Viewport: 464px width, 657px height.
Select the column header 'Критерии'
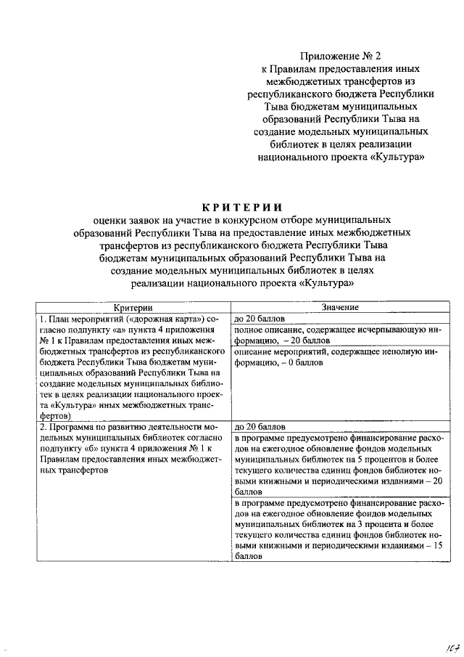[x=133, y=309]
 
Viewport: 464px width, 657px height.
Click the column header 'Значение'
[x=340, y=309]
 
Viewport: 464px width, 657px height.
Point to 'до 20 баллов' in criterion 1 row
[x=259, y=319]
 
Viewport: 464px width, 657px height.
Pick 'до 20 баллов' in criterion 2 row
[x=259, y=427]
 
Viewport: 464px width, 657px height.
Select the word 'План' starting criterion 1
[x=60, y=319]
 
